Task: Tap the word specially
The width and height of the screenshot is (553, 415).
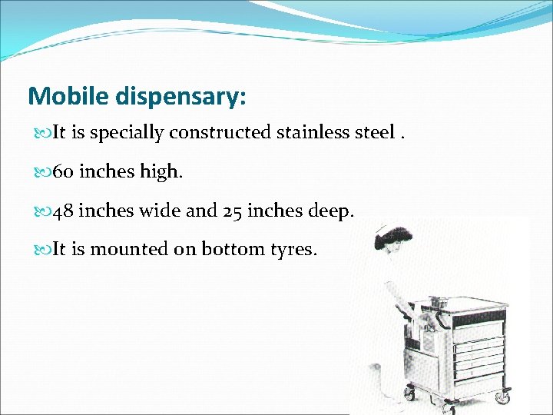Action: (128, 134)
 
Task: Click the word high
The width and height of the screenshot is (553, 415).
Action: (162, 172)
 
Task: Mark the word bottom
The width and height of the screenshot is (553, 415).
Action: (228, 249)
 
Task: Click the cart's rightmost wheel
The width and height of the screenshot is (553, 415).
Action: (502, 398)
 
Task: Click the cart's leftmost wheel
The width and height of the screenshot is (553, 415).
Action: (409, 394)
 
